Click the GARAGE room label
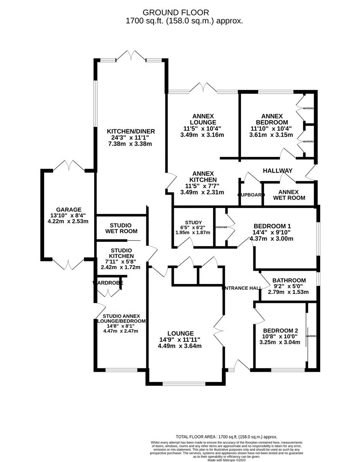coord(68,210)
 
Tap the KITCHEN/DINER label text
coord(131,131)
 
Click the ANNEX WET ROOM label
coord(289,195)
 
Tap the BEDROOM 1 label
coord(272,226)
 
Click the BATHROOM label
coord(289,280)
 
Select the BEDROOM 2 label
coord(280,330)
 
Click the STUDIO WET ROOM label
coord(121,228)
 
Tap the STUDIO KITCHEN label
coord(121,253)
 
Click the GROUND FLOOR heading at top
coord(176,12)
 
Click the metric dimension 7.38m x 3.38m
coord(131,144)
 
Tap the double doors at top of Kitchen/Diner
coord(131,56)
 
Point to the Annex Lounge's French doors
coord(202,88)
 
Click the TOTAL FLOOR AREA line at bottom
coord(226,436)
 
